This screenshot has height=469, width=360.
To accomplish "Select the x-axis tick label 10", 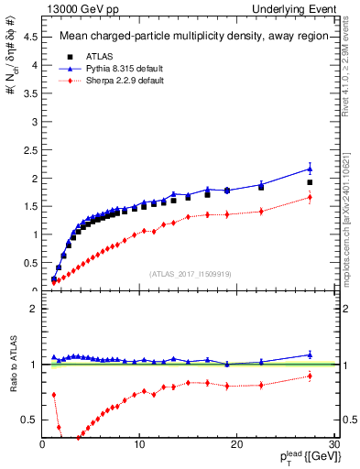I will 139,444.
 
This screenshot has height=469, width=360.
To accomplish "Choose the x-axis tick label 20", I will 236,444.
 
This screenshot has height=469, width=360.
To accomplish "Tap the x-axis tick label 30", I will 333,444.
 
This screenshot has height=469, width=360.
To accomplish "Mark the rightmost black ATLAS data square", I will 310,182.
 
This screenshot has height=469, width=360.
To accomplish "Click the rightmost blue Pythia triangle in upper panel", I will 310,169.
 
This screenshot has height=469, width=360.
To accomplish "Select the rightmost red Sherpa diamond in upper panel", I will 310,197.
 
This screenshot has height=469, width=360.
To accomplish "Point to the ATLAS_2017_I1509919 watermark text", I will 189,272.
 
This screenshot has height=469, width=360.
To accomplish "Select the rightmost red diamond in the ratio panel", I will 310,376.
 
